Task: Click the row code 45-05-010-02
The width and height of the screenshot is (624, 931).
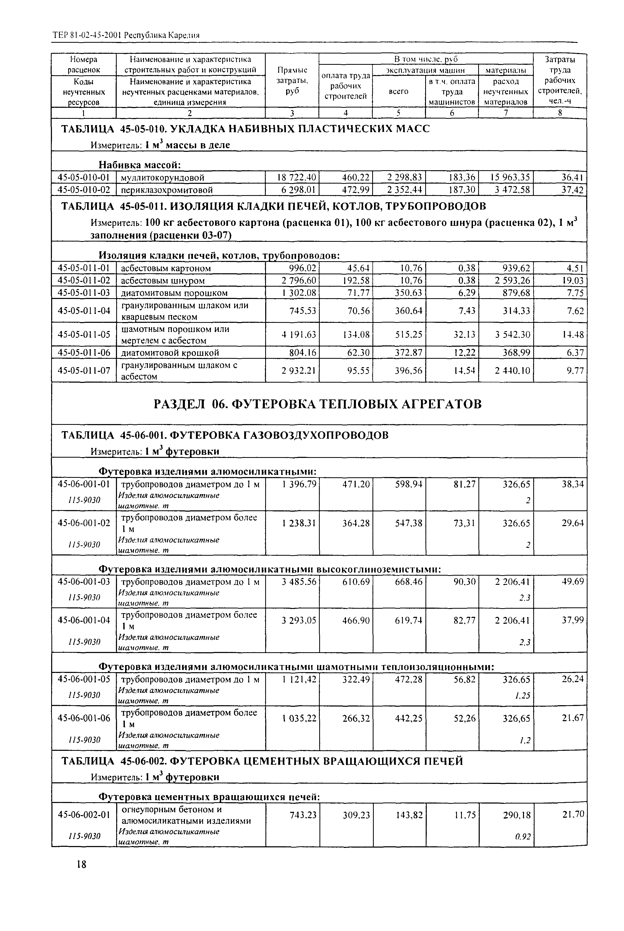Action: pyautogui.click(x=84, y=190)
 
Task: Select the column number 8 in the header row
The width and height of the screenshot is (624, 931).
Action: pyautogui.click(x=559, y=113)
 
